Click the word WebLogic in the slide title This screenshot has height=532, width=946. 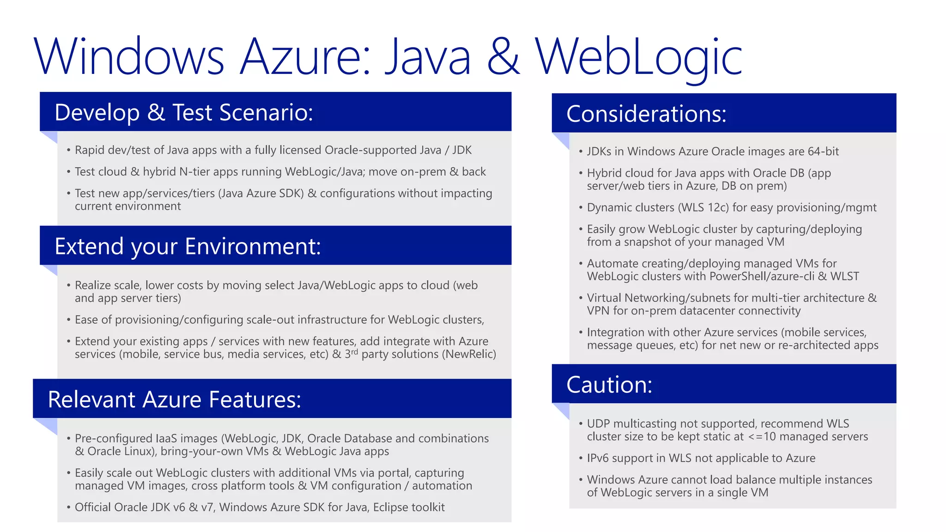pyautogui.click(x=638, y=57)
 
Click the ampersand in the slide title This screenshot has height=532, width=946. pyautogui.click(x=503, y=57)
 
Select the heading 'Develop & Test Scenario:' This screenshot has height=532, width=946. pyautogui.click(x=184, y=112)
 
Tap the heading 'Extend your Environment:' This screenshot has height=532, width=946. pyautogui.click(x=188, y=246)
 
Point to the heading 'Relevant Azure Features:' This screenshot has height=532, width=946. pyautogui.click(x=174, y=399)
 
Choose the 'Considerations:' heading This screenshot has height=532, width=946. pyautogui.click(x=646, y=114)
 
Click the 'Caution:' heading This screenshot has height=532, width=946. pyautogui.click(x=609, y=385)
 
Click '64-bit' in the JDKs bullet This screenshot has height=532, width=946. pyautogui.click(x=823, y=151)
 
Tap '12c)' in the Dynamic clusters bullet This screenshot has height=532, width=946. pyautogui.click(x=718, y=208)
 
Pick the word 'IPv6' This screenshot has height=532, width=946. pyautogui.click(x=599, y=458)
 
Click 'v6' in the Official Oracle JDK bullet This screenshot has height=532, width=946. pyautogui.click(x=179, y=508)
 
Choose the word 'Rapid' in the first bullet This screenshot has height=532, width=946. pyautogui.click(x=90, y=150)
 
